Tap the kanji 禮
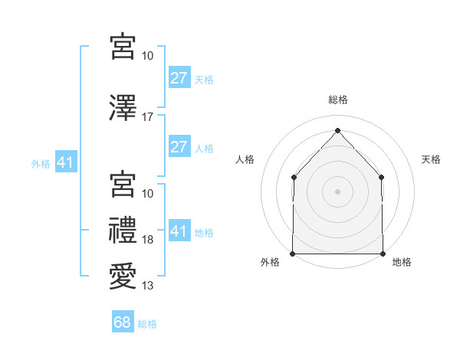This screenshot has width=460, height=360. click(x=123, y=230)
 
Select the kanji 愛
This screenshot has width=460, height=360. click(x=123, y=275)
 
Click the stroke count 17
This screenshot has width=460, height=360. click(x=148, y=116)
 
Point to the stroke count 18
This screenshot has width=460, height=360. click(x=148, y=240)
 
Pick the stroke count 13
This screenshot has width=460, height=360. click(x=148, y=286)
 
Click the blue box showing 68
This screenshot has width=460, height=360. click(x=123, y=322)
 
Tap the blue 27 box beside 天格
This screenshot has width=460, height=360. click(x=179, y=78)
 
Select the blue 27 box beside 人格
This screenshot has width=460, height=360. click(x=179, y=147)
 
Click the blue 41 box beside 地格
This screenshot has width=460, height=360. click(x=179, y=231)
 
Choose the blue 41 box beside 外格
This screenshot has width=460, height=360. click(x=65, y=162)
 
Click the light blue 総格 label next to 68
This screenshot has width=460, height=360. click(x=147, y=323)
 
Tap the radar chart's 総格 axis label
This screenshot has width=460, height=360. click(x=337, y=100)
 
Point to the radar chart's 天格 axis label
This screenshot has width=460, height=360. click(x=431, y=159)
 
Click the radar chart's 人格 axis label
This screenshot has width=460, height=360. click(x=245, y=159)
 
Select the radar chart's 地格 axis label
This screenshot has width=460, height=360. click(x=402, y=262)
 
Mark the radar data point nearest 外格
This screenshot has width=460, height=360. click(x=293, y=254)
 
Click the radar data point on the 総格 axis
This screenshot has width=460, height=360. click(x=337, y=129)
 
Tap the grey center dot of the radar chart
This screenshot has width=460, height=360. click(x=337, y=191)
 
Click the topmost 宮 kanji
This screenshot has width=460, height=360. click(x=123, y=46)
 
